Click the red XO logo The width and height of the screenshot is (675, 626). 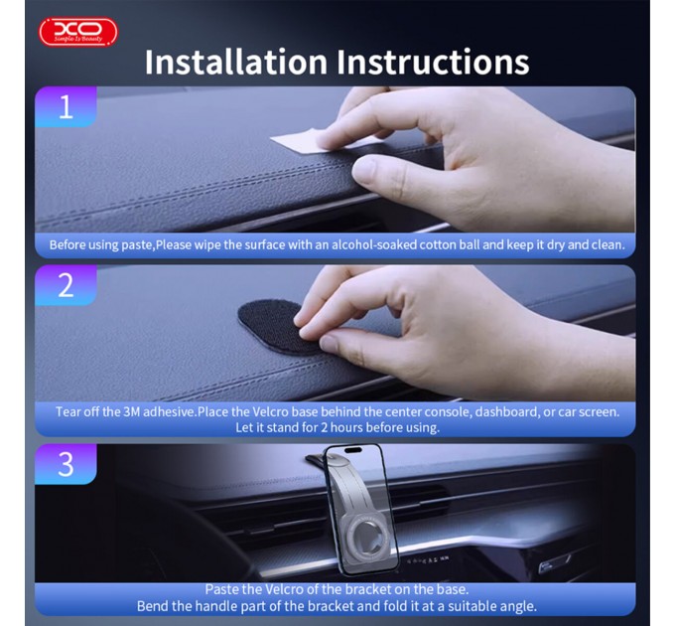77,32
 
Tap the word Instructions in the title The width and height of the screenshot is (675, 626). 433,62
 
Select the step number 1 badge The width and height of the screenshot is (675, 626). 66,106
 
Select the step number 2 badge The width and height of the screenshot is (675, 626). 66,285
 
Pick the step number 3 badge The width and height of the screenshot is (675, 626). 66,464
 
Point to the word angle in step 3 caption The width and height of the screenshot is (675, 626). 517,605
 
